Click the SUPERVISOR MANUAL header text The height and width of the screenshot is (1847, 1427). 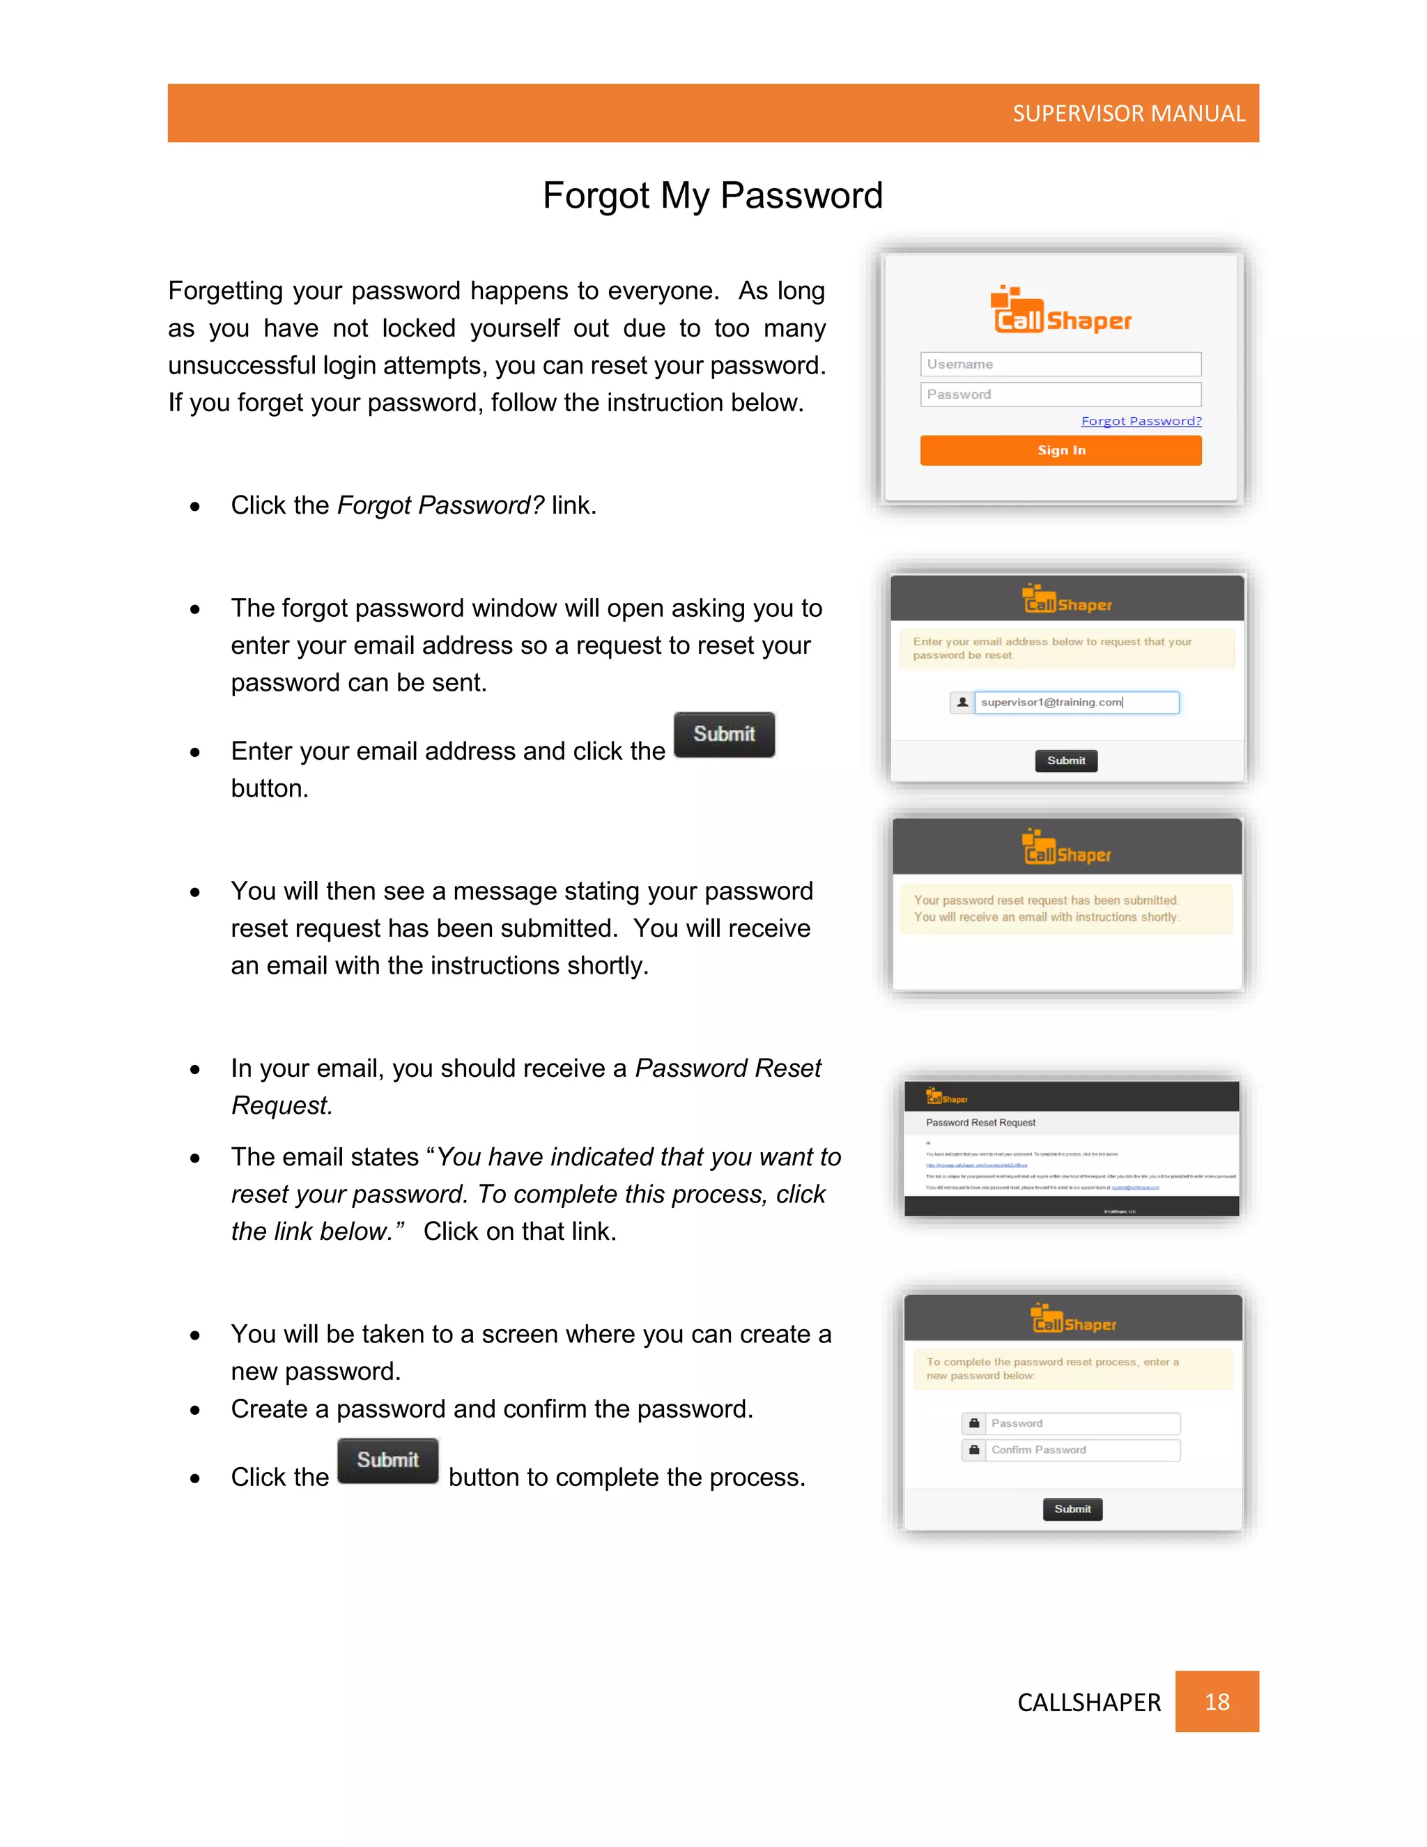pyautogui.click(x=1128, y=114)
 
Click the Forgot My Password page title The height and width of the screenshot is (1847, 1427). pyautogui.click(x=713, y=195)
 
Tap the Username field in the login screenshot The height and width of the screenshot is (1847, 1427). pyautogui.click(x=1060, y=365)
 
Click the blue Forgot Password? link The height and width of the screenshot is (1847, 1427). pyautogui.click(x=1141, y=421)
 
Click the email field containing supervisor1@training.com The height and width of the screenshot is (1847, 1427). pyautogui.click(x=1076, y=703)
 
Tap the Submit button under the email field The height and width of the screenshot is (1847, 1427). pyautogui.click(x=1065, y=761)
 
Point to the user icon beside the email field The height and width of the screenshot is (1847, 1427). pyautogui.click(x=962, y=703)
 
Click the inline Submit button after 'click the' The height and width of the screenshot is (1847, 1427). pyautogui.click(x=724, y=734)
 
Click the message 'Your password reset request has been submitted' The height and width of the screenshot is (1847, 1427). pyautogui.click(x=1047, y=900)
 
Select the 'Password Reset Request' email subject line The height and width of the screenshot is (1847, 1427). pyautogui.click(x=980, y=1123)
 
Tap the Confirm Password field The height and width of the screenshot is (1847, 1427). pyautogui.click(x=1082, y=1450)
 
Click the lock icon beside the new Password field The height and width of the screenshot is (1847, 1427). pyautogui.click(x=974, y=1424)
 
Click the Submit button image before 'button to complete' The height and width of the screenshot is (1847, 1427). pyautogui.click(x=387, y=1460)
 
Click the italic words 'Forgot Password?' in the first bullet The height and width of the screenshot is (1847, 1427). pyautogui.click(x=440, y=506)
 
